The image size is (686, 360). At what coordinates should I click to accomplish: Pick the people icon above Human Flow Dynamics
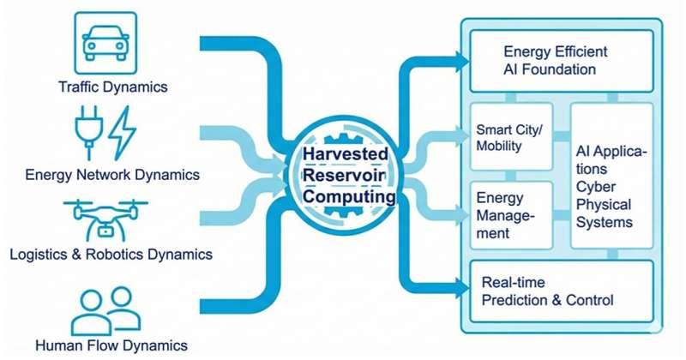point(105,309)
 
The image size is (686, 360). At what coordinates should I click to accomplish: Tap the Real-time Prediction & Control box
point(561,292)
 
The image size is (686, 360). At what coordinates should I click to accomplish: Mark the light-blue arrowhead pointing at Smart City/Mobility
point(463,135)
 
